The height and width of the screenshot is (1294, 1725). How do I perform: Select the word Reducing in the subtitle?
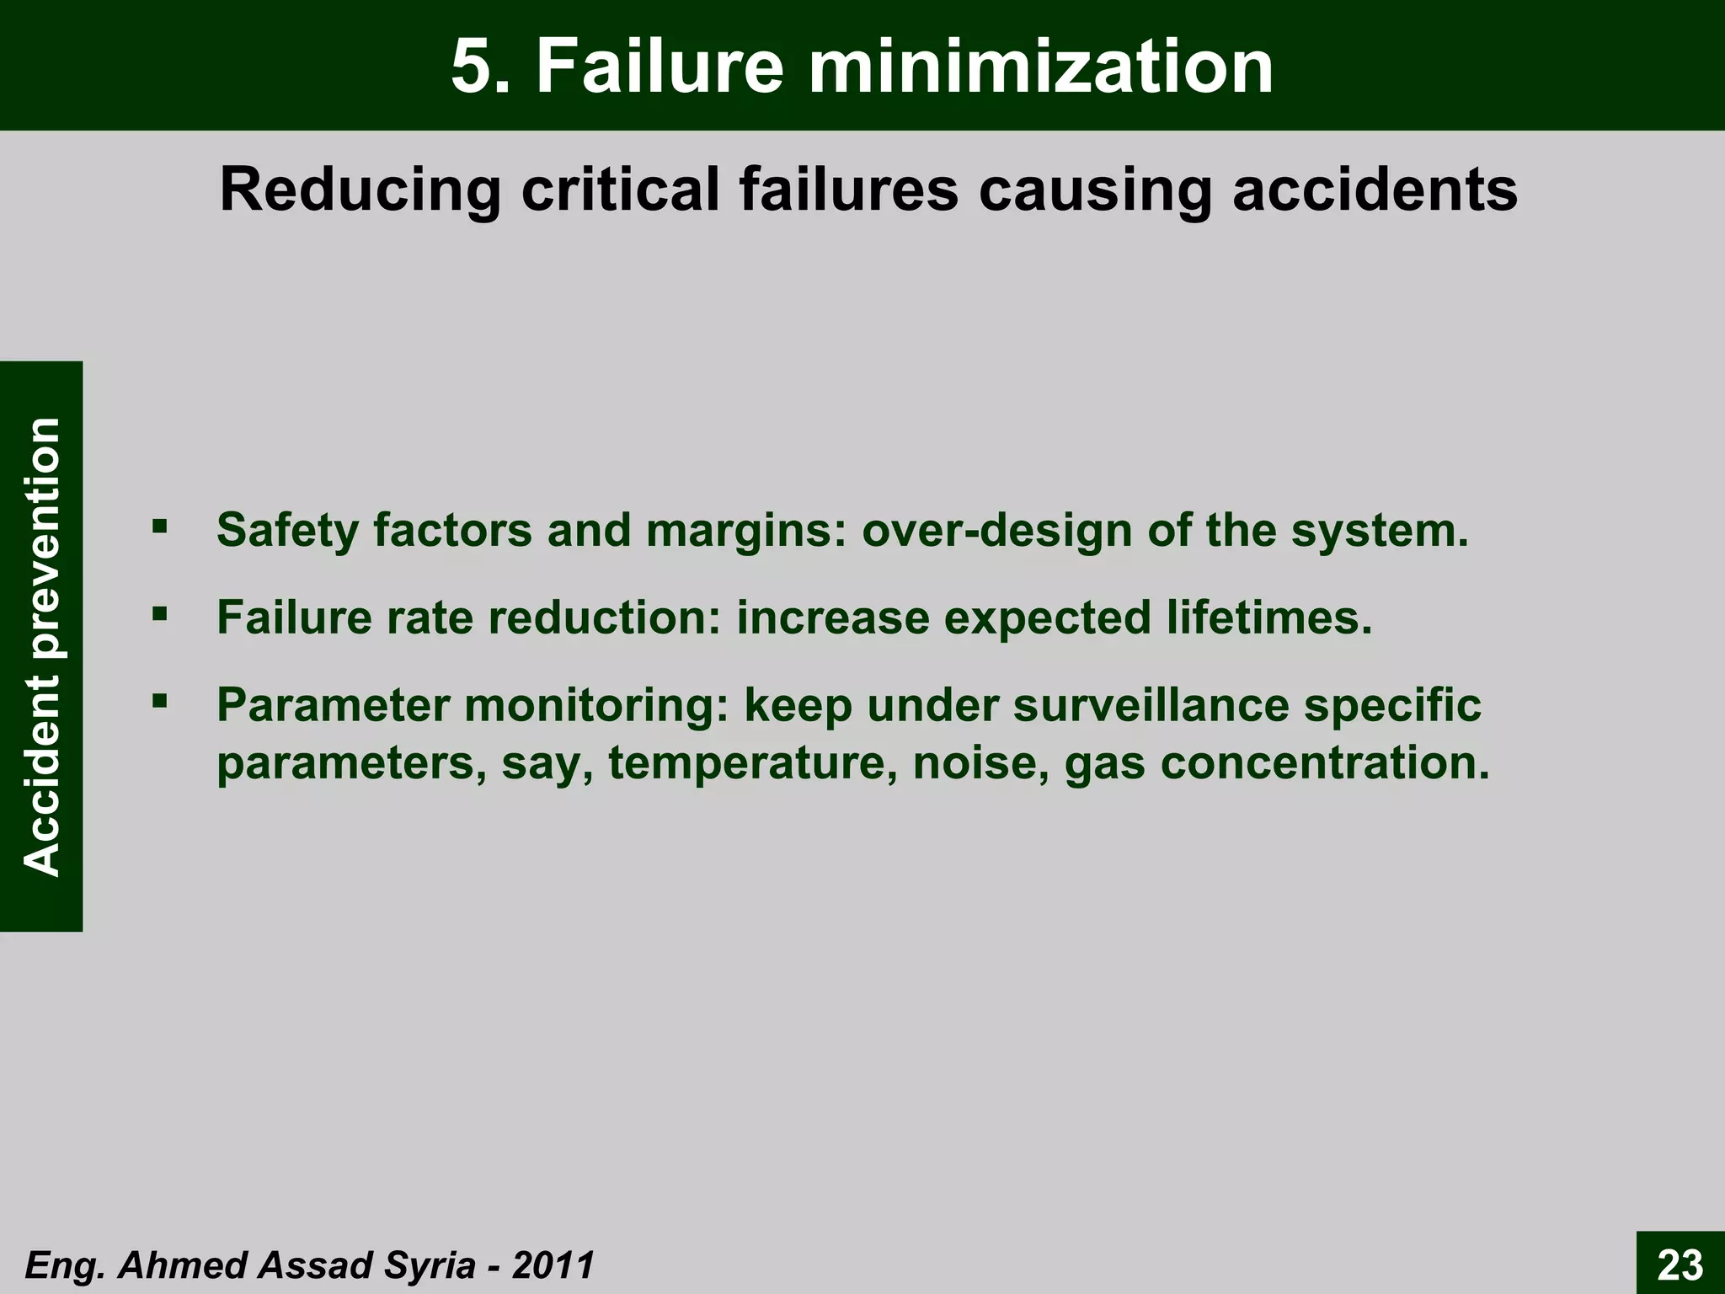[x=360, y=190]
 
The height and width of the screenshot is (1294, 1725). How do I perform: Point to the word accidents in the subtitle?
[x=1375, y=190]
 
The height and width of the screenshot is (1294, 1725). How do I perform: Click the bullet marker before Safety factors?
[x=159, y=527]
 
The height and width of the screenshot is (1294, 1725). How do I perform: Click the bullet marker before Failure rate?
[x=159, y=614]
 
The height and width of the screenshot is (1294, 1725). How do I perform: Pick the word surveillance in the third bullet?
[x=1151, y=705]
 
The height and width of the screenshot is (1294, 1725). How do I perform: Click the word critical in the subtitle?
[x=620, y=190]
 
